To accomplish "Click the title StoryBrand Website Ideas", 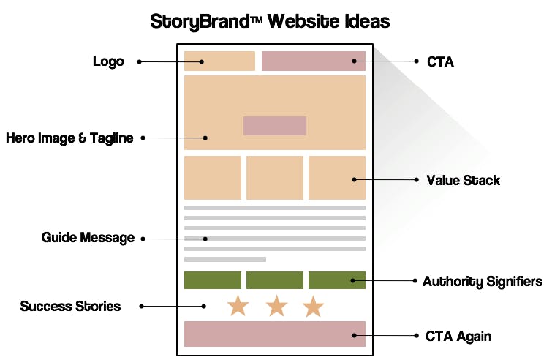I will coord(270,21).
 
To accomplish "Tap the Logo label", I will coord(108,61).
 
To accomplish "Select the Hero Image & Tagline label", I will coord(69,138).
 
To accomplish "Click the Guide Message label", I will coord(88,238).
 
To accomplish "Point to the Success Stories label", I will coord(70,306).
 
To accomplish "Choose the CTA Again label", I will coord(458,336).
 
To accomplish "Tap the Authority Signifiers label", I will coord(483,281).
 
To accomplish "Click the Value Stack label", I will coord(464,179).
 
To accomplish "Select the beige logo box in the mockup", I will coord(219,61).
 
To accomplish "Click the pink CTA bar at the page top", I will coord(313,61).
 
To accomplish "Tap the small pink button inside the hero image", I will coord(274,126).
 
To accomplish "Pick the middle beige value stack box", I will coord(274,177).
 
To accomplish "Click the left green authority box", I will coord(213,280).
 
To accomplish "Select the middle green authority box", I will coord(274,280).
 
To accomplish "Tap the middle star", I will coord(276,306).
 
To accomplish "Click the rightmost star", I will coord(313,306).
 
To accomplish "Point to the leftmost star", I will coord(238,306).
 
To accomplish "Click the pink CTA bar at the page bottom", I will coord(274,334).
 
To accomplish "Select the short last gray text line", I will coord(225,259).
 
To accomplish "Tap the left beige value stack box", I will coord(213,177).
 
